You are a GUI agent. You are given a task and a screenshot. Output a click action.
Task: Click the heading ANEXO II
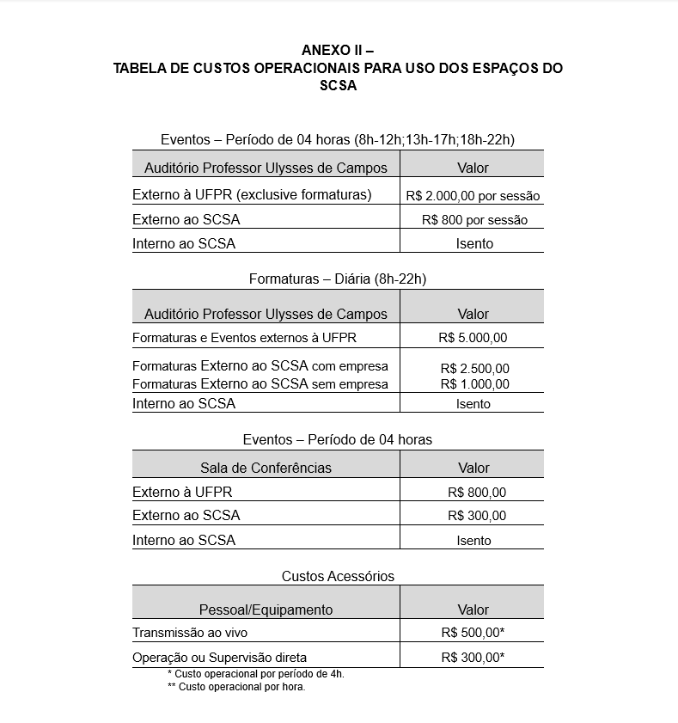(x=338, y=50)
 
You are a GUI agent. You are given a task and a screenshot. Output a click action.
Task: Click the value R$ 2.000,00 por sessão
(x=473, y=196)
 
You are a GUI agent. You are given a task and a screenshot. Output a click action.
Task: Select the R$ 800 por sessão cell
(x=474, y=220)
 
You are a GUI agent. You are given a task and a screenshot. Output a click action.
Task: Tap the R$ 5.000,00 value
(x=473, y=338)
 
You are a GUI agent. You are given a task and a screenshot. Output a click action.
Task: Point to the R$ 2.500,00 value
(x=474, y=369)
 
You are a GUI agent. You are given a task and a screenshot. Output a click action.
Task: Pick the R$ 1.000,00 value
(x=474, y=384)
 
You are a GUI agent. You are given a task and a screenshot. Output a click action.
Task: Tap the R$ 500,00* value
(x=473, y=633)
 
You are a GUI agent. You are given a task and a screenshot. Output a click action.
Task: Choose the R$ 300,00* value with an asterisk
(x=473, y=658)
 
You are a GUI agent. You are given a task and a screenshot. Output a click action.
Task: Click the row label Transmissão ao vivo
(x=190, y=633)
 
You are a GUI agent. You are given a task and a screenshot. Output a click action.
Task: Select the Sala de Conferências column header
(x=266, y=468)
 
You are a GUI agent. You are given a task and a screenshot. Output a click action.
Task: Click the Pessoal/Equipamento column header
(x=266, y=610)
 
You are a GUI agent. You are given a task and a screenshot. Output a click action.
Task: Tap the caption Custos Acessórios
(x=338, y=576)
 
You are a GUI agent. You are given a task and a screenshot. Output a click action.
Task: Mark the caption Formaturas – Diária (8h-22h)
(x=338, y=279)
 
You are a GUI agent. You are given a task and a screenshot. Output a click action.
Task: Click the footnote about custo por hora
(x=236, y=687)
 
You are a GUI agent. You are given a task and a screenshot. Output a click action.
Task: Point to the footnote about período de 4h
(x=255, y=674)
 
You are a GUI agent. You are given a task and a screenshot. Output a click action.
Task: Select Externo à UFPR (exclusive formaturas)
(x=252, y=194)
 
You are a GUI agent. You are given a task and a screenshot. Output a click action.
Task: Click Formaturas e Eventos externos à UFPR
(x=244, y=338)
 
